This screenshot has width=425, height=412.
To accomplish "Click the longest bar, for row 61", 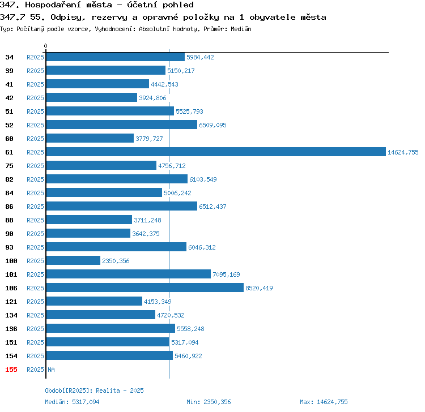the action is tap(216, 152).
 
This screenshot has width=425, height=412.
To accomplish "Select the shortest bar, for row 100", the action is tap(73, 260).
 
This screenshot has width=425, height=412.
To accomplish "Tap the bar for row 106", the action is tap(145, 287).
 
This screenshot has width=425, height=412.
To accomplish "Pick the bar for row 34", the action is tap(116, 57).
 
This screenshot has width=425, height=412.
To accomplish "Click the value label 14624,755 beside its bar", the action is tap(403, 152).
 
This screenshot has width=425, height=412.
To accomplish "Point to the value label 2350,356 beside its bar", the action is tap(116, 261).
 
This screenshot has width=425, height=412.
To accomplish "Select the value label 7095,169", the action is tap(226, 274).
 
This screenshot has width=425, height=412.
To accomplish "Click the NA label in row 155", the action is tap(51, 370).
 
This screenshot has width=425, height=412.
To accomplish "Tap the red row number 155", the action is tap(11, 370).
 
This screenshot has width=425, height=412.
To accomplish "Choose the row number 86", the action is tap(9, 207).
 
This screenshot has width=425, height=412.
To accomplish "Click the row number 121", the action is tap(11, 302).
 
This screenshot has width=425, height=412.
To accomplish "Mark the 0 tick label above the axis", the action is tap(45, 46).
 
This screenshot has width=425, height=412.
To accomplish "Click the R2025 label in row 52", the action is tap(35, 125).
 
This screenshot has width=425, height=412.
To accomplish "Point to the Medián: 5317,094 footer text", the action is tap(72, 402).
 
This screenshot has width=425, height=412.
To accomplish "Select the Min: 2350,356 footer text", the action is tap(209, 402).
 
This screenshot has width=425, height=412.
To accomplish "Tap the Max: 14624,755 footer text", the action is tap(324, 402).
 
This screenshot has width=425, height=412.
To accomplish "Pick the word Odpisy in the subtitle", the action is tap(68, 18).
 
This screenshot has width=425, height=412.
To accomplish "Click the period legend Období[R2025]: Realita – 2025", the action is tap(94, 390).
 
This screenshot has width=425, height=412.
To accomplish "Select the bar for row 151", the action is tap(108, 342).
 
